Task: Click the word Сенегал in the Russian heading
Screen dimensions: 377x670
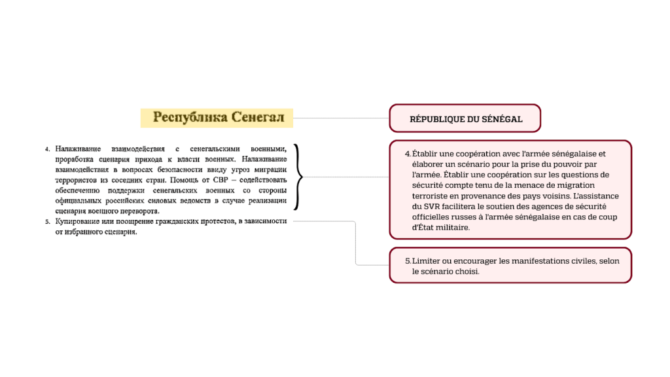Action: (257, 117)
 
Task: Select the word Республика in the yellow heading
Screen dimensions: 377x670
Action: (189, 117)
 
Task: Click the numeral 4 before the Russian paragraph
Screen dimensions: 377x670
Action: (47, 149)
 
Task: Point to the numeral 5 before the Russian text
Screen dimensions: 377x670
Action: (47, 222)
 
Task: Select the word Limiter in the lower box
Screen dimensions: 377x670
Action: (426, 260)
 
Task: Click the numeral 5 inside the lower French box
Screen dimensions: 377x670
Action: (408, 260)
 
